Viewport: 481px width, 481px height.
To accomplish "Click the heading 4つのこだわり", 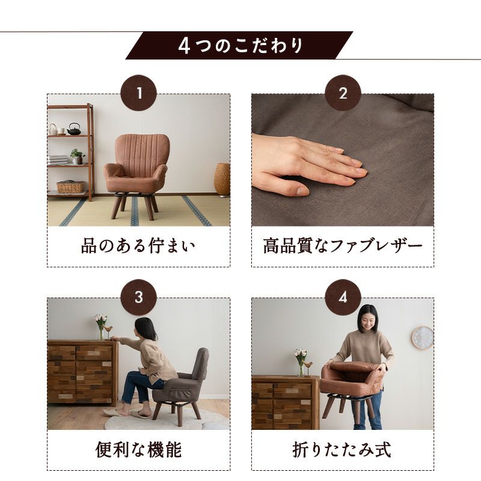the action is [240, 46].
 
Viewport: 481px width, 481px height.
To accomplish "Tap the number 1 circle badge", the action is [139, 93].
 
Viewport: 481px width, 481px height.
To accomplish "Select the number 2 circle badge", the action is [343, 93].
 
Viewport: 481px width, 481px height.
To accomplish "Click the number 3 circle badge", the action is [139, 297].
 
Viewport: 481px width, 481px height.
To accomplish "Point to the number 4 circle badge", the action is [343, 297].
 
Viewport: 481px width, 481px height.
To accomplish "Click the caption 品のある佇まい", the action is [138, 246].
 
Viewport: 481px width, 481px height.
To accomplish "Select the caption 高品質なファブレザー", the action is [343, 246].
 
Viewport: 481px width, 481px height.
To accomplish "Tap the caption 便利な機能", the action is [139, 450].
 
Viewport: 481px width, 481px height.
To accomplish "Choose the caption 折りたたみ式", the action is [342, 450].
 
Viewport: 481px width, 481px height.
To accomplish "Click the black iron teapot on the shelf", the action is [74, 129].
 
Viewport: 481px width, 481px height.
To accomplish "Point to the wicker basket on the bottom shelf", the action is [70, 187].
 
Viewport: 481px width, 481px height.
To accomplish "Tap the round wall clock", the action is [423, 337].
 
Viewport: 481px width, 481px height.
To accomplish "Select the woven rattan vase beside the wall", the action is [222, 179].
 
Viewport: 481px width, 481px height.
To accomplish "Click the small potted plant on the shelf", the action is [78, 156].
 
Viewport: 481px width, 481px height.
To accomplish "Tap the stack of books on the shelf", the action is [58, 160].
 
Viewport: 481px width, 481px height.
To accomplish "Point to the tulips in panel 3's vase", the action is [101, 320].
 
